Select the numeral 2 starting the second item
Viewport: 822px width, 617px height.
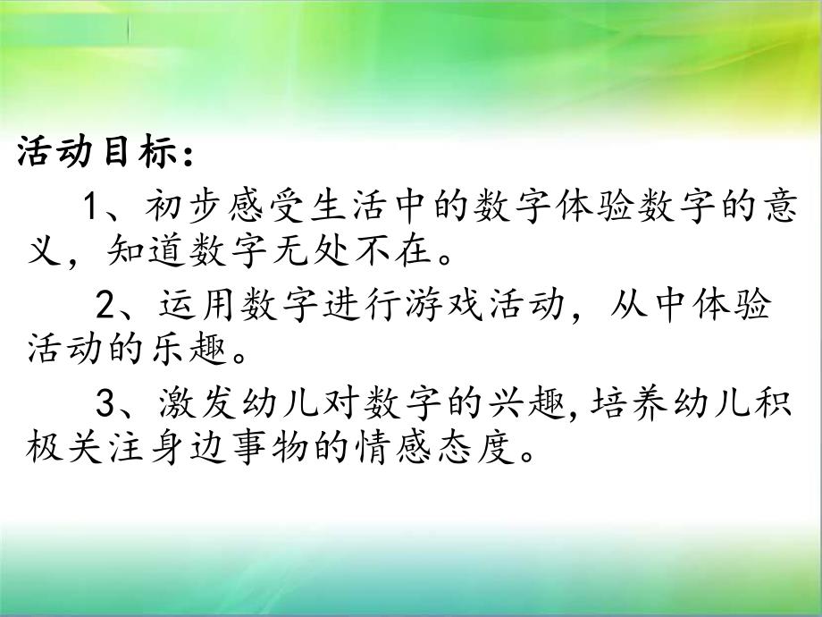click(105, 306)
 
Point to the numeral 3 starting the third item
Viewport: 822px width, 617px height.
click(105, 404)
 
